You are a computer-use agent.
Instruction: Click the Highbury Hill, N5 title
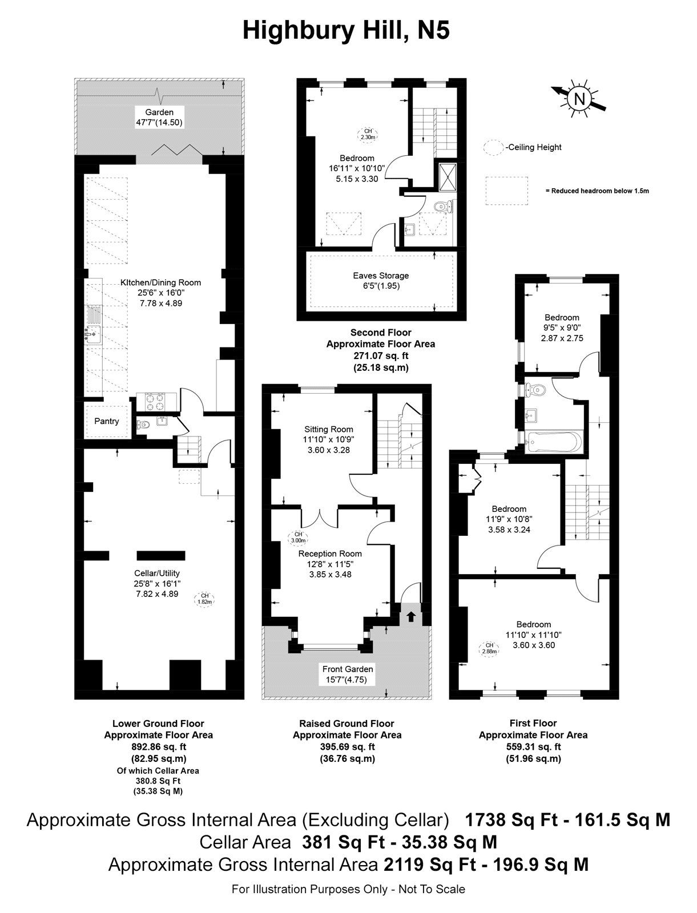(x=346, y=30)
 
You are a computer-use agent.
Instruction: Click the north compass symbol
(x=579, y=99)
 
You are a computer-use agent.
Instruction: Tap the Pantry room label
(x=106, y=421)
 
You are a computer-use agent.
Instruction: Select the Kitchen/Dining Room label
(x=160, y=282)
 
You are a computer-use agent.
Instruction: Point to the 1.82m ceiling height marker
(x=205, y=598)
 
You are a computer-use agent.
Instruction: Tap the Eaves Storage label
(x=381, y=276)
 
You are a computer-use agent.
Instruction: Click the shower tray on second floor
(x=445, y=176)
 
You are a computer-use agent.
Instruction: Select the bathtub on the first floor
(x=554, y=442)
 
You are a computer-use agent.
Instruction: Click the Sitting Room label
(x=328, y=429)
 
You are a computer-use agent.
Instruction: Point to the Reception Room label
(x=330, y=554)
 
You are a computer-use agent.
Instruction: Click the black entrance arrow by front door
(x=410, y=616)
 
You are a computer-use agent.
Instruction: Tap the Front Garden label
(x=348, y=669)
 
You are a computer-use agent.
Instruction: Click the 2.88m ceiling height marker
(x=489, y=648)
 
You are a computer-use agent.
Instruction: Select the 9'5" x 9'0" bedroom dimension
(x=562, y=328)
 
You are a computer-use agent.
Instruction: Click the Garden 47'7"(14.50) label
(x=159, y=118)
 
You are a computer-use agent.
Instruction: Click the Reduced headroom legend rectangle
(x=507, y=191)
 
